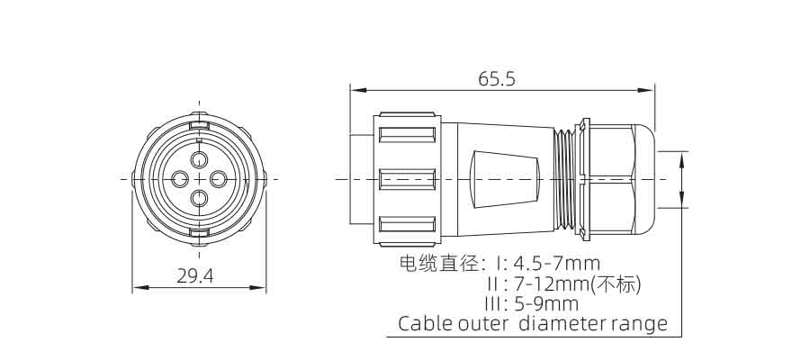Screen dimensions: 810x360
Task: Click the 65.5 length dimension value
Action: click(x=497, y=78)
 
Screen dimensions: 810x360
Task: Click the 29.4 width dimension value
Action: click(x=194, y=276)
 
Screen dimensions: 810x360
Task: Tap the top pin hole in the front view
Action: click(x=200, y=159)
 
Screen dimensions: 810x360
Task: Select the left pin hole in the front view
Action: click(x=179, y=179)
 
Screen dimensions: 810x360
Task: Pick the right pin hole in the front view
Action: click(x=219, y=179)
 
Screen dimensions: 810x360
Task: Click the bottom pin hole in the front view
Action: click(x=200, y=198)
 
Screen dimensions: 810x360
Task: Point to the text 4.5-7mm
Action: click(x=557, y=264)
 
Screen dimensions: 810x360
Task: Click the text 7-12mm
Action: click(x=553, y=283)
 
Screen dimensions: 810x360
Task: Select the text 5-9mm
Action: click(x=546, y=303)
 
